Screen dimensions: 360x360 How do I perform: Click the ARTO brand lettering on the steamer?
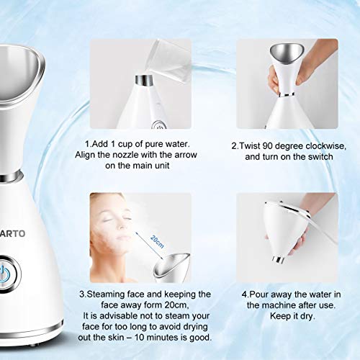[x=17, y=233]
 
